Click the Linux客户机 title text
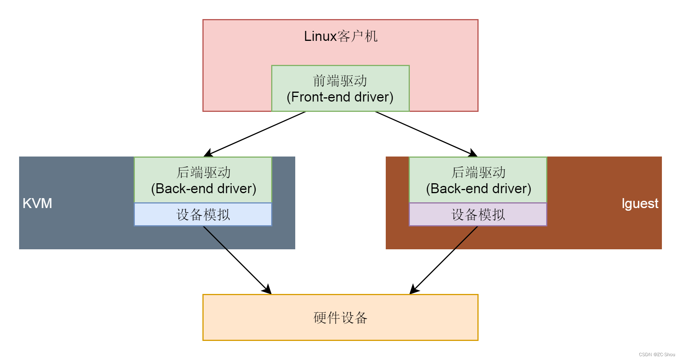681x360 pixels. (x=340, y=36)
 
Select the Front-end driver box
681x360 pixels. (x=340, y=89)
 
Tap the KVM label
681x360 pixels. (x=37, y=203)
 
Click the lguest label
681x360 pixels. (x=640, y=203)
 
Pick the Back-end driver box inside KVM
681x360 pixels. (x=203, y=180)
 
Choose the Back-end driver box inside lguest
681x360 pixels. (x=478, y=180)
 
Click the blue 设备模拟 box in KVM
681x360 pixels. (x=203, y=215)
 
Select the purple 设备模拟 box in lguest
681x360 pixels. (x=478, y=215)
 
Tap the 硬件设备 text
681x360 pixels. (x=340, y=318)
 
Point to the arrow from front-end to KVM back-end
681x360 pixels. (x=255, y=134)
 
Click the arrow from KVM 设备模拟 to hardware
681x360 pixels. (x=237, y=260)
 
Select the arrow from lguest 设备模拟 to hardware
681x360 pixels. (x=444, y=260)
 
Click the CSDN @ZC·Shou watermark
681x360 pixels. (x=657, y=355)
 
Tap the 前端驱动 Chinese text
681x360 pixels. (x=340, y=81)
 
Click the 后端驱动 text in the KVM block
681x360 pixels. (x=204, y=173)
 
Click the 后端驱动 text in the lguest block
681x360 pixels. (x=479, y=173)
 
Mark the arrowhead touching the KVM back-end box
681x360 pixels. (x=208, y=153)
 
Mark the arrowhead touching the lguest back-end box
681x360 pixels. (x=473, y=153)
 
